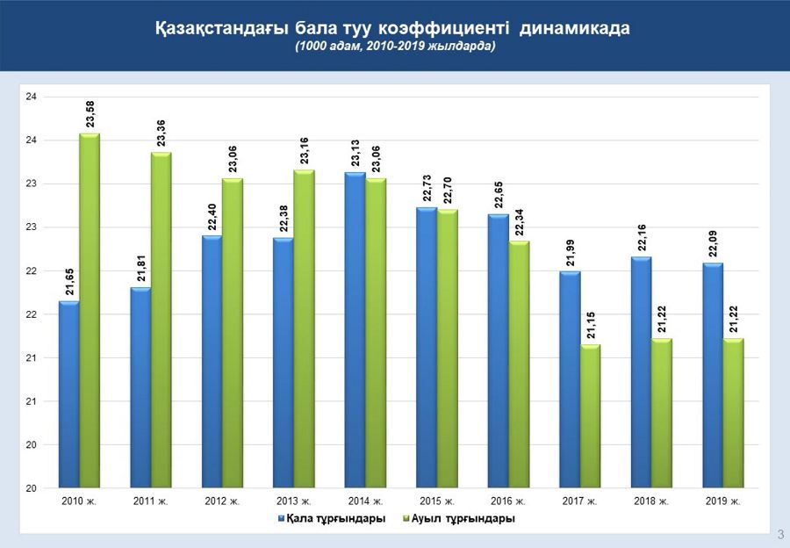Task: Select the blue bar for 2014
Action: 355,329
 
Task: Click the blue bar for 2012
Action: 212,361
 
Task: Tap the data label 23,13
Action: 355,153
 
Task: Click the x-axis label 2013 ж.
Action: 293,501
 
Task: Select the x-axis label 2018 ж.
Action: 651,501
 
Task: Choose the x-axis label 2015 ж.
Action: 436,501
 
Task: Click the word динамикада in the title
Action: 574,29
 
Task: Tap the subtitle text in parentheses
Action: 395,47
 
